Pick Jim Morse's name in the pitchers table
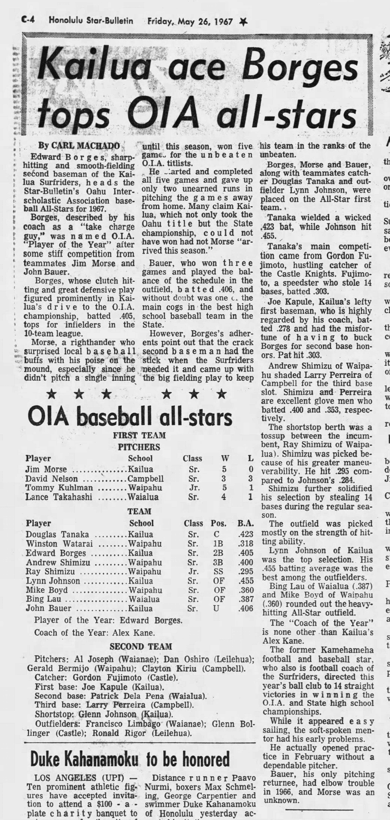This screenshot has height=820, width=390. pos(46,469)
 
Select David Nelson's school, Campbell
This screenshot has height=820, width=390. pos(145,478)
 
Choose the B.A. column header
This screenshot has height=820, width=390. pos(245,523)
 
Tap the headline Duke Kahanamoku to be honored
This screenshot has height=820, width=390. pos(130,759)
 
